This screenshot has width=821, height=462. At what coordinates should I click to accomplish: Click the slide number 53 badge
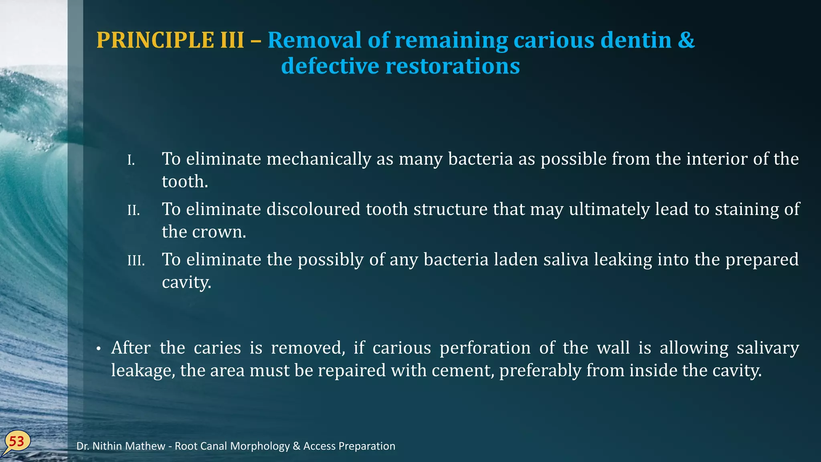(x=17, y=442)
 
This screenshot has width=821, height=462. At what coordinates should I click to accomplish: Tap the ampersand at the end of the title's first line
(x=686, y=40)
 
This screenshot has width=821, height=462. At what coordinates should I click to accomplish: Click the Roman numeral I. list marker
(x=131, y=160)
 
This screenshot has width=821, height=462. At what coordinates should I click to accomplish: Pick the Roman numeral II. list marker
(x=133, y=211)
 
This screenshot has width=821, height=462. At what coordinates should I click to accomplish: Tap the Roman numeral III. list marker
(x=136, y=261)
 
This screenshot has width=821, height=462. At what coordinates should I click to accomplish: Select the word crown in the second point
(x=219, y=232)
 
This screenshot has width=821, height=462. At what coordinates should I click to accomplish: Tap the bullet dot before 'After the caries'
(x=98, y=349)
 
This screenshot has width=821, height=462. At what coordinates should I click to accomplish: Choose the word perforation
(x=485, y=348)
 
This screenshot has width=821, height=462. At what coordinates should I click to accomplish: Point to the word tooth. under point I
(x=185, y=182)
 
